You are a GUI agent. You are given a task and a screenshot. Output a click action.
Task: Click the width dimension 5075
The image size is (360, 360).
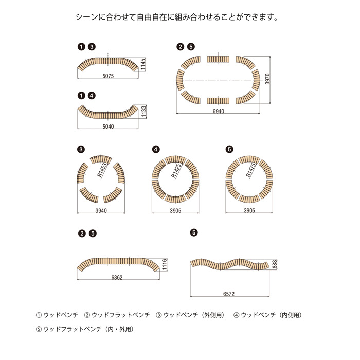[x=108, y=76]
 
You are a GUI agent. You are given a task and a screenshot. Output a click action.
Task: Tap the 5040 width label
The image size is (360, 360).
[x=108, y=126]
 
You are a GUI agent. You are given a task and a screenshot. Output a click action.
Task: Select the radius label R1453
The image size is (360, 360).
[x=103, y=170]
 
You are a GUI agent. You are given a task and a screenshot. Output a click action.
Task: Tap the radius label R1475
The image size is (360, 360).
[x=250, y=170]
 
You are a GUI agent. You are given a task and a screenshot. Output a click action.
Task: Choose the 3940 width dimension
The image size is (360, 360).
[x=101, y=211]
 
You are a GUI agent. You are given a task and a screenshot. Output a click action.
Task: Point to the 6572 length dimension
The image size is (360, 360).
[x=229, y=294]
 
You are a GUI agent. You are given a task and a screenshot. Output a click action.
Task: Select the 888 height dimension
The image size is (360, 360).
[x=275, y=264]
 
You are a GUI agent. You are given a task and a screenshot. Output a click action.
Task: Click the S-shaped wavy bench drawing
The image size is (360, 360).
[x=229, y=264]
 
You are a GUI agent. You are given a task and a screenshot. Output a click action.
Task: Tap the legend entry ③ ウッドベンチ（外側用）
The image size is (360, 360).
[x=190, y=314]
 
